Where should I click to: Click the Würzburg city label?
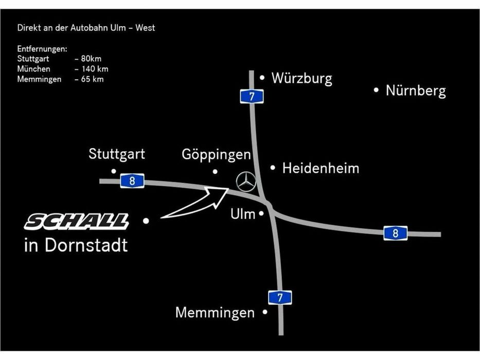click(x=302, y=78)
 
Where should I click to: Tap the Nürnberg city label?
click(x=416, y=91)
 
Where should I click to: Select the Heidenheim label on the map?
click(x=321, y=168)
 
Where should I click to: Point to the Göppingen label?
click(x=216, y=155)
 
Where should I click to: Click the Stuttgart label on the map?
click(x=117, y=154)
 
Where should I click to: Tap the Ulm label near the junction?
click(x=243, y=214)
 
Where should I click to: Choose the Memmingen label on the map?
click(x=215, y=313)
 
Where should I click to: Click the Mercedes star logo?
click(x=246, y=182)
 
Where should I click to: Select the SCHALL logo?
click(x=77, y=222)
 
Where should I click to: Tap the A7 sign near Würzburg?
click(x=252, y=97)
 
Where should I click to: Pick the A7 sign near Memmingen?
click(x=280, y=298)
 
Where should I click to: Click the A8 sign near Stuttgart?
click(x=132, y=181)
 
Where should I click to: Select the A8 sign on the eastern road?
click(x=396, y=233)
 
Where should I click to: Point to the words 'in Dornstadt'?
click(x=76, y=245)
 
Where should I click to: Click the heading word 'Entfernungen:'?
click(x=42, y=49)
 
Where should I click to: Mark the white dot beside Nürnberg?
click(x=376, y=91)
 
